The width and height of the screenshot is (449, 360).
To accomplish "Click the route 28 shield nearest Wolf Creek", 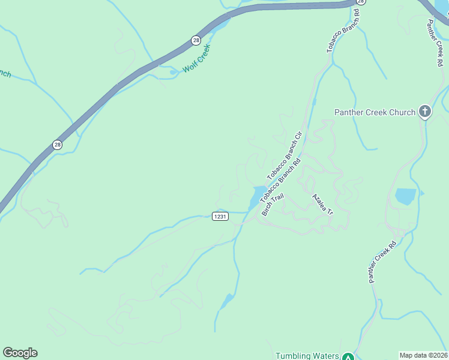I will [196, 40].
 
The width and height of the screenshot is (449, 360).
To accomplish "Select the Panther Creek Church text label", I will [375, 112].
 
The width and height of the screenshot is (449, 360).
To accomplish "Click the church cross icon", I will [424, 111].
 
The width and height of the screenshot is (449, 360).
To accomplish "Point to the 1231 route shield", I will [220, 217].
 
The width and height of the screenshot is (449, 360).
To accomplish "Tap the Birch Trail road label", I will [272, 204].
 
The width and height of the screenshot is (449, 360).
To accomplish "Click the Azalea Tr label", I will [322, 205].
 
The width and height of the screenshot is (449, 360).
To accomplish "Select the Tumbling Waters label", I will [307, 356].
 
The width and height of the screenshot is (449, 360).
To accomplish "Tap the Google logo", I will [20, 353].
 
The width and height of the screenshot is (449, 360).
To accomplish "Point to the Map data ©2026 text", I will [423, 355].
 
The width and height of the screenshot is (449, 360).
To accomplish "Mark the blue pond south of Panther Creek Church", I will [405, 196].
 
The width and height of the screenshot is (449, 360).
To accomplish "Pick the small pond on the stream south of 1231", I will [228, 301].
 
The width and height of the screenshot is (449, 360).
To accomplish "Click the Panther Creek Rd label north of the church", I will [437, 43].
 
